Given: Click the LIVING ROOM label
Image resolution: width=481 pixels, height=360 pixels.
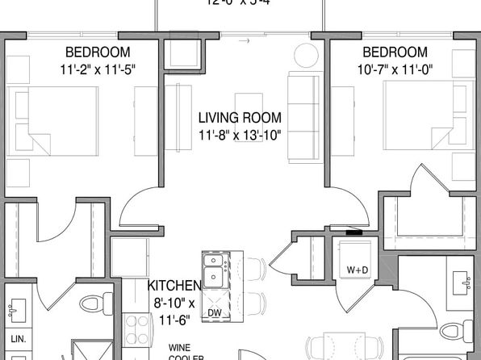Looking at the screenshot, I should click(239, 118).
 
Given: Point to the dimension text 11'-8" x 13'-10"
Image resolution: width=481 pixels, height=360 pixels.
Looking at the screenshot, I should click(239, 135).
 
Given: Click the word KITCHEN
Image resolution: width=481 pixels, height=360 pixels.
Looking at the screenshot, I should click(174, 286).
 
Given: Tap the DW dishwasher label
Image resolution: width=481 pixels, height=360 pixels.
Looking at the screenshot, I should click(214, 312).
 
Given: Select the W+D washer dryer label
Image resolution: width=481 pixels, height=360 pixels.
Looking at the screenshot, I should click(358, 269).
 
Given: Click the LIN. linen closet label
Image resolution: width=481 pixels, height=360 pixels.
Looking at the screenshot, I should click(18, 339).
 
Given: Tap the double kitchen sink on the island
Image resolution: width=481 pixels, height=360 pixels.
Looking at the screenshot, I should click(214, 270).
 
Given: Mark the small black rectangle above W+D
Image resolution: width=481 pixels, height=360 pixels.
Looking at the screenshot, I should click(354, 232).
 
